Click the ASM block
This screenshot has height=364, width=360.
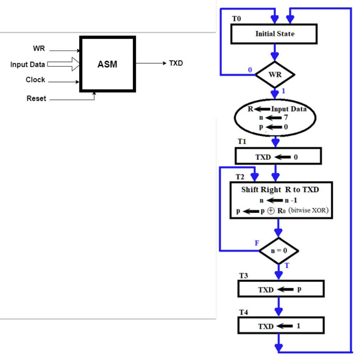(107, 64)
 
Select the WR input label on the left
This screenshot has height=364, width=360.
(39, 49)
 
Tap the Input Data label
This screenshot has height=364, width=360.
(28, 65)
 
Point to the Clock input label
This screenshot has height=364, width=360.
(35, 80)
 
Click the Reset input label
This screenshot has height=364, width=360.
(36, 98)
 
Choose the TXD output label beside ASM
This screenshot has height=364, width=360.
(176, 63)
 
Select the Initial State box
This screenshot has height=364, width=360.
(274, 34)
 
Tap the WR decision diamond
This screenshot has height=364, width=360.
(275, 75)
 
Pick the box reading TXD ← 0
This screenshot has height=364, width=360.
(278, 157)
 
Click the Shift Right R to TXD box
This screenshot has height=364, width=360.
(281, 200)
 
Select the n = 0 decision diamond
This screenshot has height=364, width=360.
(279, 251)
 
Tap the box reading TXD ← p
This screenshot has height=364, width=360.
(281, 289)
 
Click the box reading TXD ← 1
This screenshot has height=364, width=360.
(281, 326)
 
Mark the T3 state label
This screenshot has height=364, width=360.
(243, 276)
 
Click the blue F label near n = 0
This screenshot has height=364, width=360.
(257, 243)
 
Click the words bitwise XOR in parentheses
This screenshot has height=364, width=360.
(308, 210)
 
